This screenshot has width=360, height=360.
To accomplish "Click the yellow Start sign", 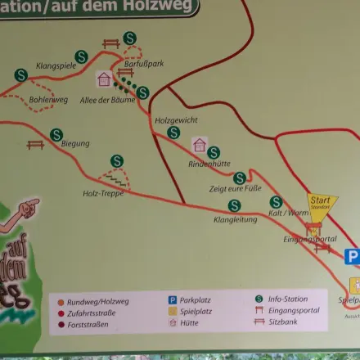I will (320, 201).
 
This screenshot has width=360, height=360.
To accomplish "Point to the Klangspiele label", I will (56, 65).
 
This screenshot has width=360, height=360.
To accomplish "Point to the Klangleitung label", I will (235, 219).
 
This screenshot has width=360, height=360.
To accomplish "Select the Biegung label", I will (75, 144).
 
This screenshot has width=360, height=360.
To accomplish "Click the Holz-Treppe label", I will (101, 194).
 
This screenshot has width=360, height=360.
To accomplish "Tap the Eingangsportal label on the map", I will (310, 239).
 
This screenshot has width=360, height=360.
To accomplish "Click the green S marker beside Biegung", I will (56, 134).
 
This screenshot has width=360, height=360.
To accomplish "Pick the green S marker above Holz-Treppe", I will (117, 161).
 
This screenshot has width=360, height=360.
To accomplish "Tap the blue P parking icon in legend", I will (173, 300).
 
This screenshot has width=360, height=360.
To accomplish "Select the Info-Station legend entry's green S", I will (259, 299).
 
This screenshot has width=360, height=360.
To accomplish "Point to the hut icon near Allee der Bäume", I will (104, 79).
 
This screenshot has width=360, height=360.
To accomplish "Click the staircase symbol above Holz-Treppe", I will (115, 178).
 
